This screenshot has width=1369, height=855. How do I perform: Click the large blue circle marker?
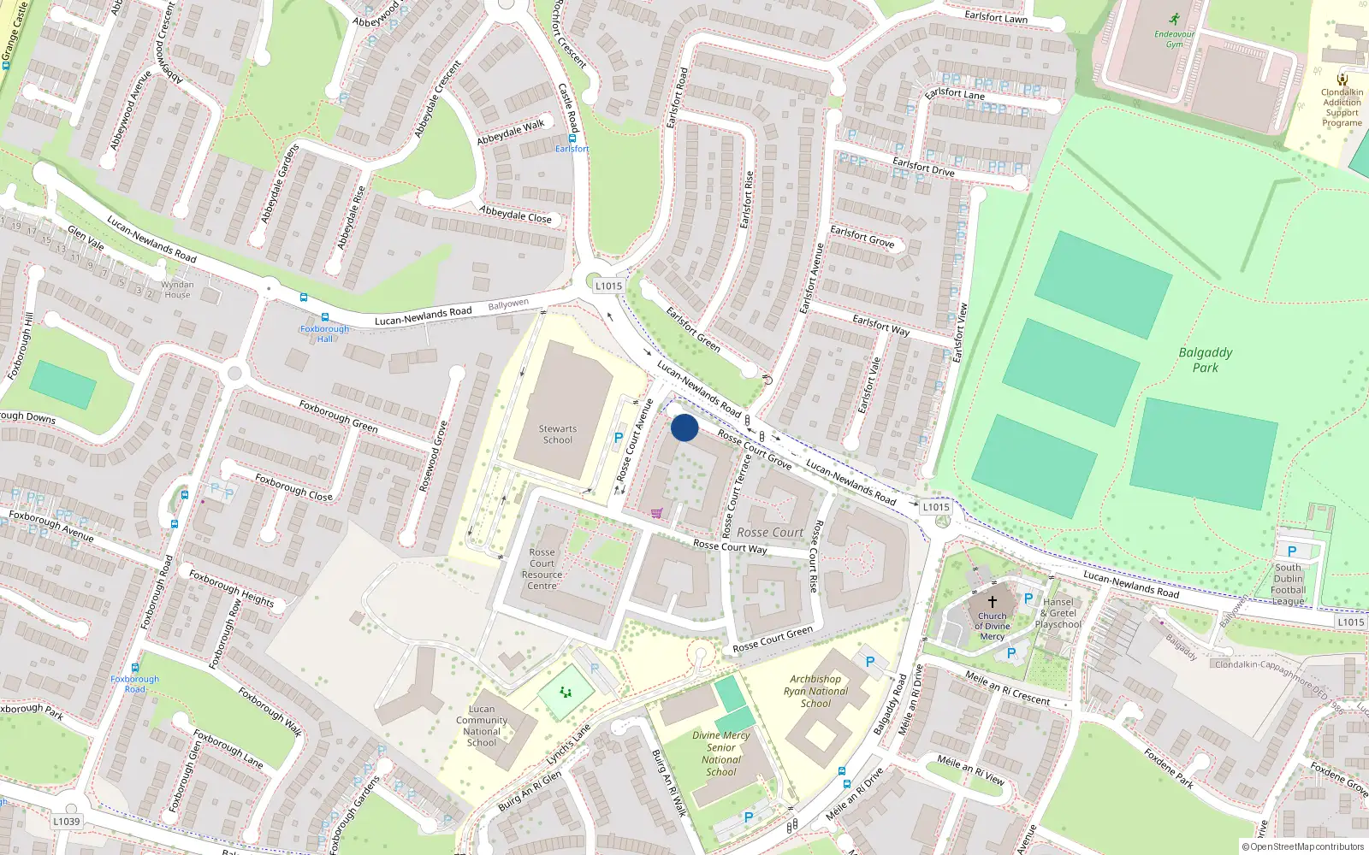(684, 427)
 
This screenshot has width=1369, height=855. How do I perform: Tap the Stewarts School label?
(558, 434)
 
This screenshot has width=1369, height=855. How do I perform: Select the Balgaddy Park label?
(1206, 360)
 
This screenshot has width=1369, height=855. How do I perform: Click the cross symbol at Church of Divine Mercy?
(993, 601)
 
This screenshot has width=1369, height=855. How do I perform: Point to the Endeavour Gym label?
(1174, 39)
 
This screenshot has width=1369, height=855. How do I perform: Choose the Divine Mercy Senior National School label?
(721, 753)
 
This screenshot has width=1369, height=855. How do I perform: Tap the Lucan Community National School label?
(482, 725)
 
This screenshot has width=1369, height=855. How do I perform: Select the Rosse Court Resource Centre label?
(542, 569)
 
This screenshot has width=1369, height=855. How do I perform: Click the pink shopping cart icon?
(656, 513)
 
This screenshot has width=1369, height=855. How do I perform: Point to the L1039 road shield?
(66, 822)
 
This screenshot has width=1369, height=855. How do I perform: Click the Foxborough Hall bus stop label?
(324, 333)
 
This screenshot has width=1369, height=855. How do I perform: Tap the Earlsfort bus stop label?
(572, 149)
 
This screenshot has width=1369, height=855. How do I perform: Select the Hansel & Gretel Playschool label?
(1058, 613)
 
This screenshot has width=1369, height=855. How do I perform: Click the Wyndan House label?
(177, 290)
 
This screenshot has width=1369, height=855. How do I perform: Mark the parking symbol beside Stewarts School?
(619, 438)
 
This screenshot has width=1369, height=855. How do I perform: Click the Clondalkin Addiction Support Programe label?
(1342, 108)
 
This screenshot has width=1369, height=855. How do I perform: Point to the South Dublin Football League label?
(1288, 584)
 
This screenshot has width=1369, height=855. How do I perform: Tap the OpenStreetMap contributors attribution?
(1302, 847)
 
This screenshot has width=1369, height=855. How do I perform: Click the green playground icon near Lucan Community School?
(566, 692)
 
